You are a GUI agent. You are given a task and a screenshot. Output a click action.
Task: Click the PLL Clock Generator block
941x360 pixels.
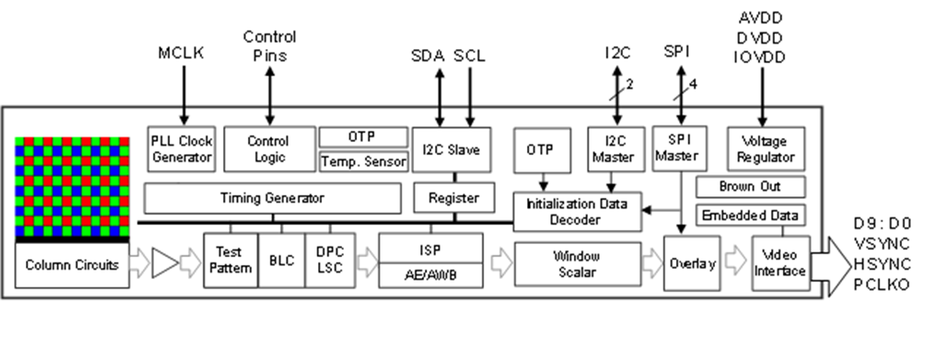pyautogui.click(x=181, y=148)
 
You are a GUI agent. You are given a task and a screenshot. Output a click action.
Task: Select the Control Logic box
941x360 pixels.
pyautogui.click(x=267, y=148)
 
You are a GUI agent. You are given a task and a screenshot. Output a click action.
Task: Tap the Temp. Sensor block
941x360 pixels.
pyautogui.click(x=363, y=161)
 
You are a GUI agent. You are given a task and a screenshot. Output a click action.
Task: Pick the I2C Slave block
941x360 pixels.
pyautogui.click(x=451, y=149)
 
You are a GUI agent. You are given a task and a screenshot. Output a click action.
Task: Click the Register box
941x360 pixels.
pyautogui.click(x=454, y=198)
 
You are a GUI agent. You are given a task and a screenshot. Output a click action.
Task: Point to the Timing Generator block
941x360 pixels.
pyautogui.click(x=271, y=198)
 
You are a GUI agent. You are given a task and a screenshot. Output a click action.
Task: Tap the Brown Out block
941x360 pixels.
pyautogui.click(x=749, y=187)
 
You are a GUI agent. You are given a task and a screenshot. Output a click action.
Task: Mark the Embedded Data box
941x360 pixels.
pyautogui.click(x=749, y=216)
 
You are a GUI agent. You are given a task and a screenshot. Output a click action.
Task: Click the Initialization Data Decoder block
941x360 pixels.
pyautogui.click(x=575, y=211)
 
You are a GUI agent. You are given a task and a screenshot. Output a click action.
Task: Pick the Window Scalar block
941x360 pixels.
pyautogui.click(x=575, y=263)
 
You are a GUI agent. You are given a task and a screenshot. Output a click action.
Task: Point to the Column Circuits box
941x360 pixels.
pyautogui.click(x=72, y=265)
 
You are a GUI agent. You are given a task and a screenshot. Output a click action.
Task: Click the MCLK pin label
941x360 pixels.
pyautogui.click(x=181, y=52)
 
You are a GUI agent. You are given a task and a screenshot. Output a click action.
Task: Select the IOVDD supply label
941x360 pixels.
pyautogui.click(x=761, y=57)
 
